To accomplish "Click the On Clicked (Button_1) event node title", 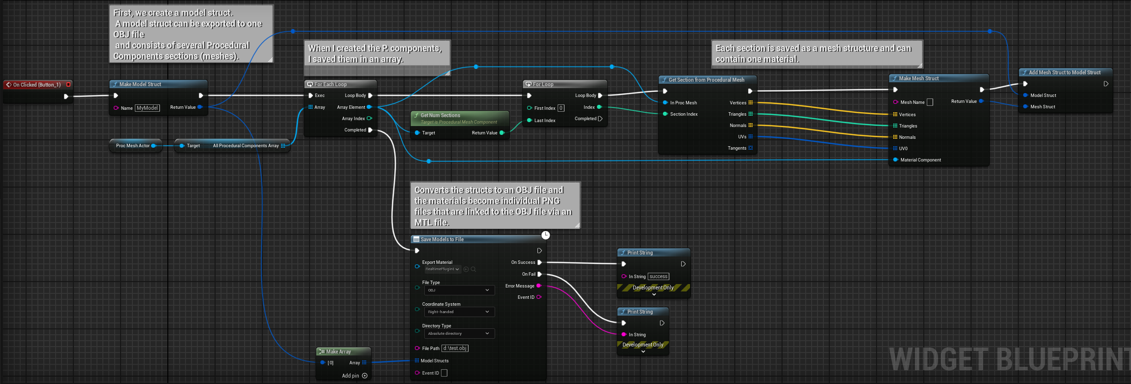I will pos(37,85).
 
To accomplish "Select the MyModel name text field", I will pos(148,108).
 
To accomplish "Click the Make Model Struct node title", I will pos(140,84).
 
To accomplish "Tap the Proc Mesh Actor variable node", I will pos(133,146).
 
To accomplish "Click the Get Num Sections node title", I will pos(440,115).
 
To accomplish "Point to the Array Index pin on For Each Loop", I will pos(353,119).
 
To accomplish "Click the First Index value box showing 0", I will pos(561,108).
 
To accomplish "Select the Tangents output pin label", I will pos(737,148).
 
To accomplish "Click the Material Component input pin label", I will pos(920,160).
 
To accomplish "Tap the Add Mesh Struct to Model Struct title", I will pos(1065,72).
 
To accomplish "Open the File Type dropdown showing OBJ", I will pos(459,290).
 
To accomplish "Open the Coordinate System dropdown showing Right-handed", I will pos(459,312).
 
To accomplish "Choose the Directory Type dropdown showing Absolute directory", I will pos(459,334).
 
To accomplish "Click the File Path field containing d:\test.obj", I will pos(455,349).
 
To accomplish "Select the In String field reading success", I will pos(659,277).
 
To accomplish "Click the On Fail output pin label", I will pos(529,274).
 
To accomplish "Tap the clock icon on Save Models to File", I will pos(545,235).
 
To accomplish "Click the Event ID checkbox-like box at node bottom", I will pos(444,373).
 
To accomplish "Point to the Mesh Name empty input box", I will pos(930,102).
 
